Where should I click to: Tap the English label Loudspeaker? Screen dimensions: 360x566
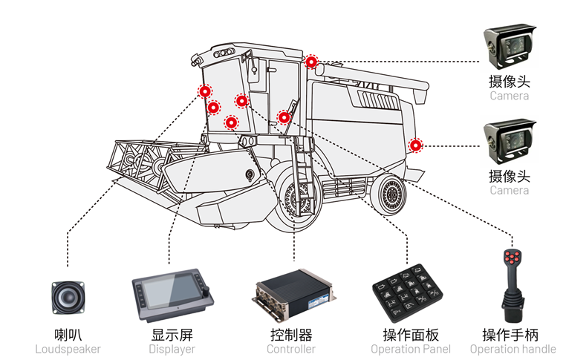tap(68, 349)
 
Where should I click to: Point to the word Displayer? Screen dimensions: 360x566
tap(172, 349)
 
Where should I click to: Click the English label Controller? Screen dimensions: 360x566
tap(291, 349)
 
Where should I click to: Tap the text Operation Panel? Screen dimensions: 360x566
tap(410, 349)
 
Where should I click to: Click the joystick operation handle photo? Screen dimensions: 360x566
tap(513, 286)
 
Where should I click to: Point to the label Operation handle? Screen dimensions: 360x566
tap(513, 349)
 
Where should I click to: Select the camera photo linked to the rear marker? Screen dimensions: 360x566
tap(510, 141)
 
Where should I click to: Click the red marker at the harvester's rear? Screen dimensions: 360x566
tap(415, 145)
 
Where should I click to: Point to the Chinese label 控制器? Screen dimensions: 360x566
tap(291, 334)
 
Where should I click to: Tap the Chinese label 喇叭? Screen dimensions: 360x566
tap(68, 334)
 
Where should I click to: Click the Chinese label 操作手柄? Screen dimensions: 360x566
tap(513, 334)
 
